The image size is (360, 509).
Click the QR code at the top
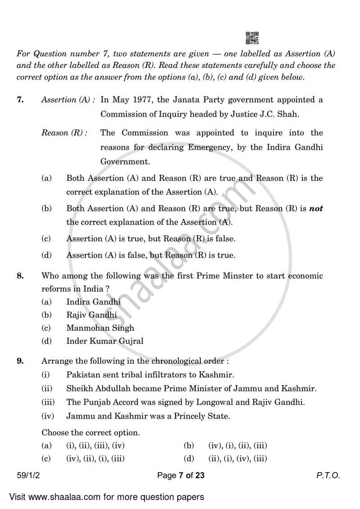point(252,38)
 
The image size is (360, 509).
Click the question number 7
point(20,100)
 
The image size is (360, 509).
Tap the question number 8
point(20,275)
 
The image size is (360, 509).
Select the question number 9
point(20,360)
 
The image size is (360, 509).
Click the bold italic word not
point(316,208)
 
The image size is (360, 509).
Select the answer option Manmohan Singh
point(100,328)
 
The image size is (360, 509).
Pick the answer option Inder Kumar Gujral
point(105,341)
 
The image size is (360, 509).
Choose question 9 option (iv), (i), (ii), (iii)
point(238,446)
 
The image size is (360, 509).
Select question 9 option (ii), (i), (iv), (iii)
point(238,459)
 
